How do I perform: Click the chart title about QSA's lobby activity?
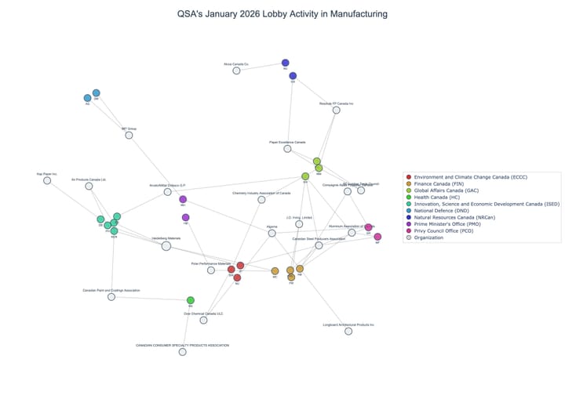pyautogui.click(x=282, y=14)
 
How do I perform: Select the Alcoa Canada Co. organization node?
pyautogui.click(x=236, y=71)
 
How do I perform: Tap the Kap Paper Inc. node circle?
pyautogui.click(x=47, y=180)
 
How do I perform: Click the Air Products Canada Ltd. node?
pyautogui.click(x=89, y=186)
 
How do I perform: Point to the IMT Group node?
pyautogui.click(x=129, y=135)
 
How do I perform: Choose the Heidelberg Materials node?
pyautogui.click(x=166, y=246)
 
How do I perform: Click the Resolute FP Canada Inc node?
pyautogui.click(x=337, y=110)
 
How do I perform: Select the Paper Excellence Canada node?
pyautogui.click(x=287, y=148)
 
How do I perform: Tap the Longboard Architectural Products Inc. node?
pyautogui.click(x=348, y=331)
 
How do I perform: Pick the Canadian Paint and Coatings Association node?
pyautogui.click(x=111, y=296)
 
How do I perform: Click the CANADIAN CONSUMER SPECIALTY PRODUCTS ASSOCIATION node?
pyautogui.click(x=182, y=352)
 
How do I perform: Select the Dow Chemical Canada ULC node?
pyautogui.click(x=203, y=320)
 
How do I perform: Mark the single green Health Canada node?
pyautogui.click(x=191, y=300)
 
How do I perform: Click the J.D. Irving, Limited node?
pyautogui.click(x=299, y=224)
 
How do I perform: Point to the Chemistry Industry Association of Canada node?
pyautogui.click(x=261, y=199)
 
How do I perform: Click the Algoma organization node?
pyautogui.click(x=272, y=233)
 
